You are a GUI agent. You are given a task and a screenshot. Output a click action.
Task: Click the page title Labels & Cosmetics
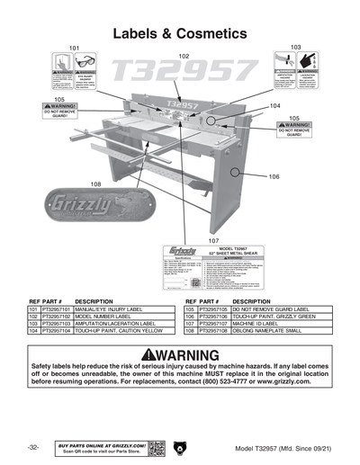click(179, 32)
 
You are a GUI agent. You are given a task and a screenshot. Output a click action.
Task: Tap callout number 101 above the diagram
click(74, 47)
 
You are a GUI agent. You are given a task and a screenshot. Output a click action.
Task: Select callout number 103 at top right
click(295, 47)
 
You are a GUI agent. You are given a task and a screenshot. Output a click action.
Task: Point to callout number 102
click(184, 56)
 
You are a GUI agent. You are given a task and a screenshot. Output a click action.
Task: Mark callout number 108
click(94, 183)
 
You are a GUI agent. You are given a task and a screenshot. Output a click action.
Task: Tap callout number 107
click(213, 241)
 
